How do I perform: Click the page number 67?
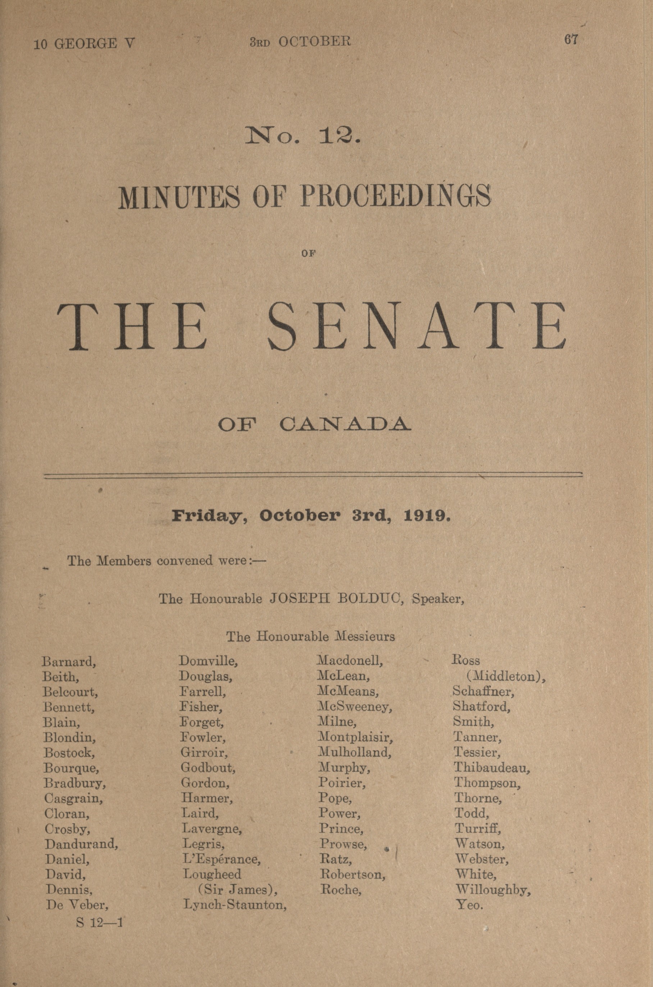click(x=571, y=40)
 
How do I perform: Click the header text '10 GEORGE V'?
click(x=84, y=43)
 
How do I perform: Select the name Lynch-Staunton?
click(x=235, y=905)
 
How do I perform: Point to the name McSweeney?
click(x=355, y=706)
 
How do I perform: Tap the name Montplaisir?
click(x=356, y=737)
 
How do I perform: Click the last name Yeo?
click(x=470, y=905)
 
